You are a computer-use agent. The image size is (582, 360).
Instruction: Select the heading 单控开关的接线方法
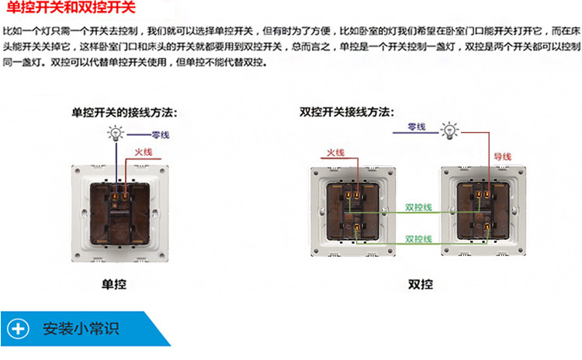(x=124, y=112)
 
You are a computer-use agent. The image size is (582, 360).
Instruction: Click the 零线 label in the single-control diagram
(x=161, y=135)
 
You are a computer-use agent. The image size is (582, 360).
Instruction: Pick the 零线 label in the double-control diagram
(x=416, y=126)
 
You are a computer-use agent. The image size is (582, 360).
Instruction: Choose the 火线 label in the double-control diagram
(x=336, y=153)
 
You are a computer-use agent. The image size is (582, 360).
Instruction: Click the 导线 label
(x=502, y=156)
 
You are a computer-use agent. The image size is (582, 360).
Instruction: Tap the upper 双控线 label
(x=419, y=207)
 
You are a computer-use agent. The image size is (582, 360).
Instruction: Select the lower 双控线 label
(x=419, y=238)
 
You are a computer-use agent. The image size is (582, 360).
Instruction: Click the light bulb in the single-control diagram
(x=115, y=133)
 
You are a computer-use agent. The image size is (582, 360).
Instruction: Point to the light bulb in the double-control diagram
(x=449, y=130)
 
